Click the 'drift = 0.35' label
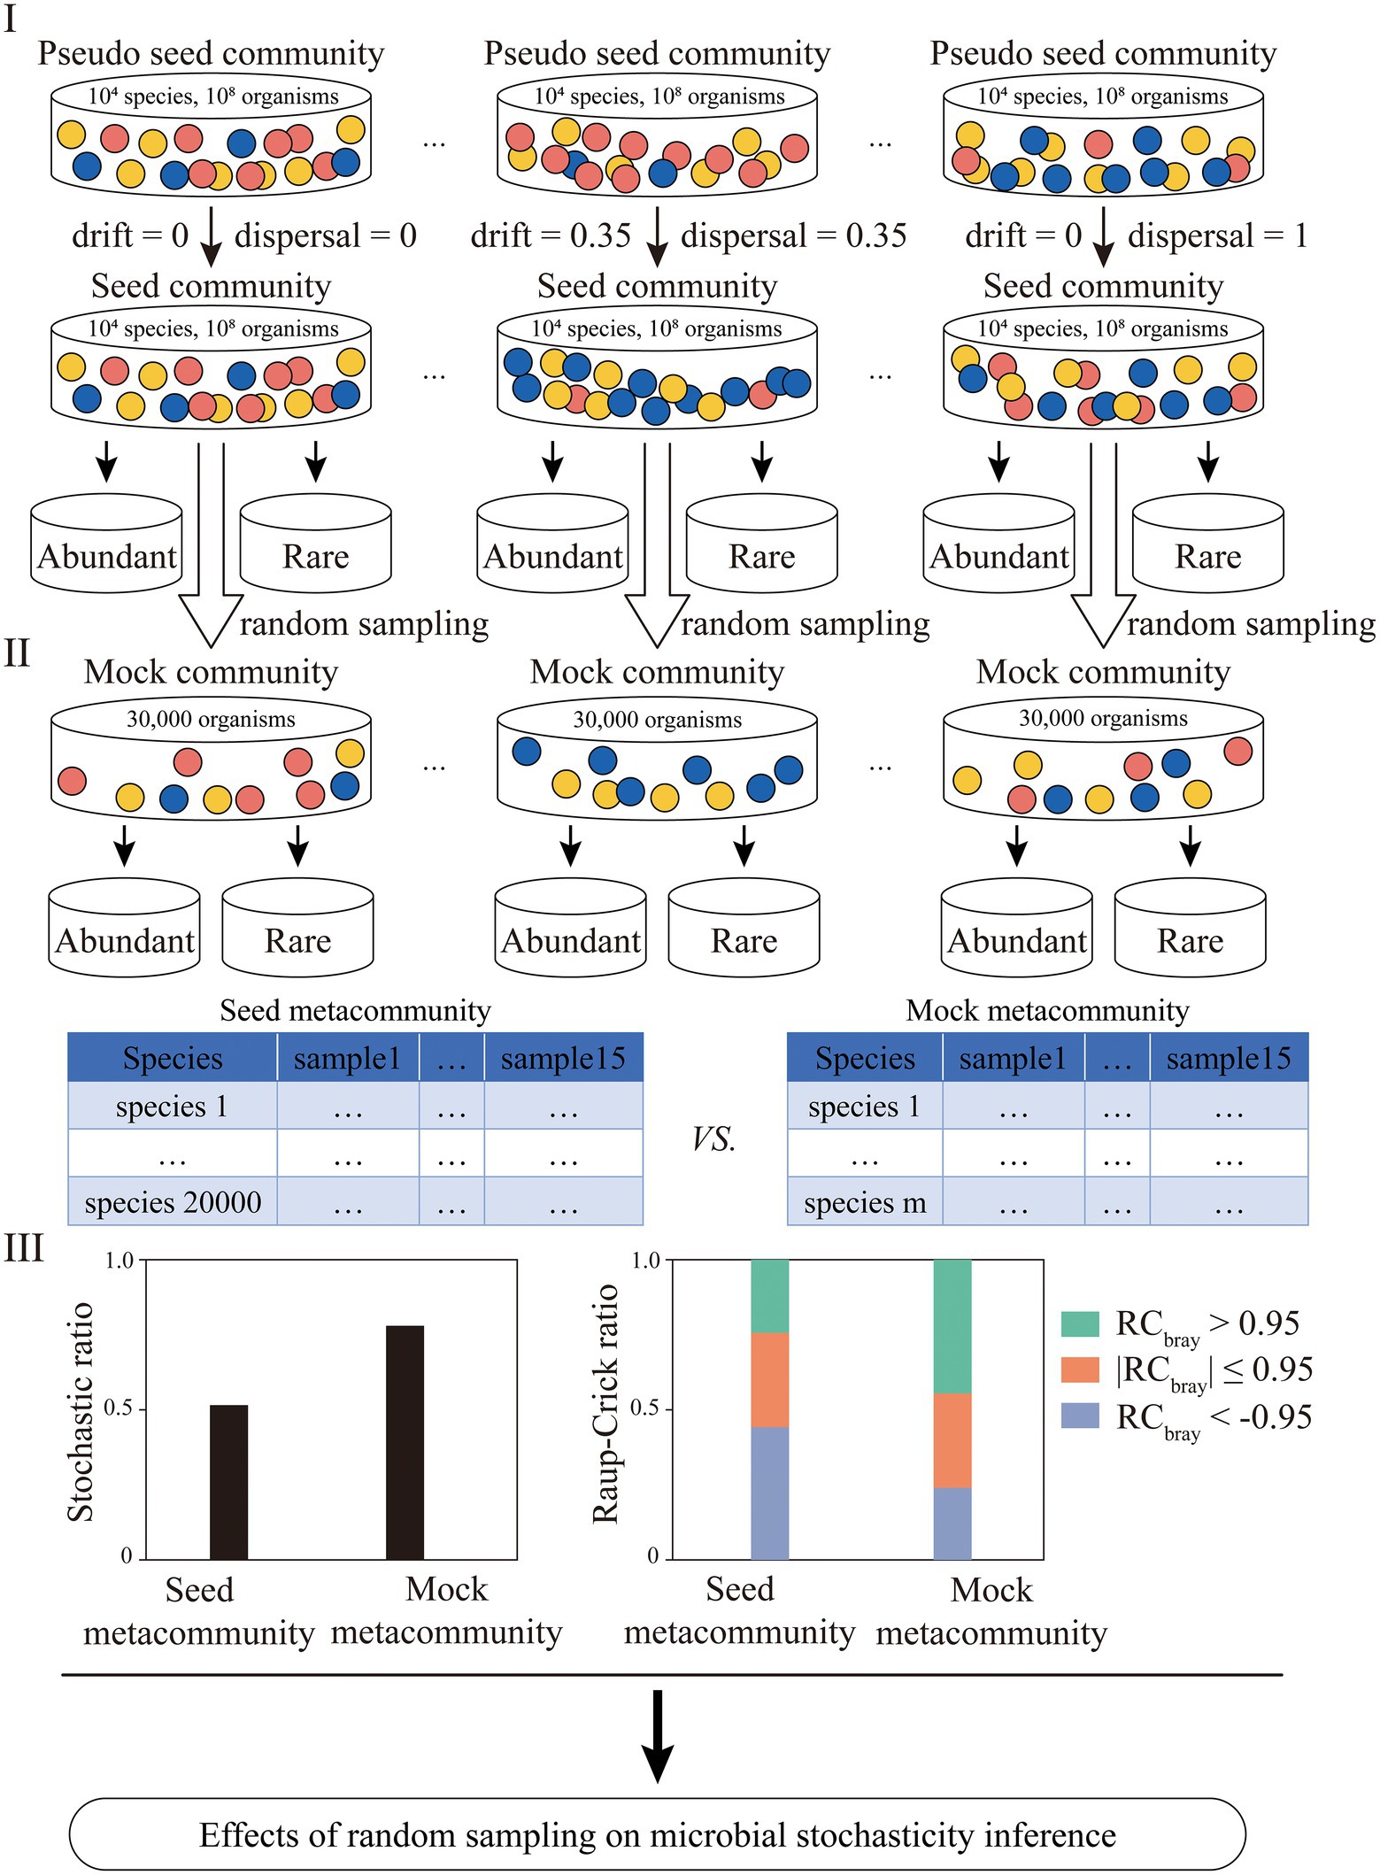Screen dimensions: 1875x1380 point(551,235)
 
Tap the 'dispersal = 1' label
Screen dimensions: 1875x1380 point(1217,235)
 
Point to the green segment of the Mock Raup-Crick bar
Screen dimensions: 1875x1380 point(952,1326)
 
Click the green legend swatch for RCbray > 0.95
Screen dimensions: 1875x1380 point(1080,1324)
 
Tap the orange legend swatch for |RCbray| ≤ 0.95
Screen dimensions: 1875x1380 point(1080,1370)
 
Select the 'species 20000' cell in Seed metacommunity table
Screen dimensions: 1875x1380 point(173,1202)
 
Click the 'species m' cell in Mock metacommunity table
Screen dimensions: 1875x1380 point(865,1202)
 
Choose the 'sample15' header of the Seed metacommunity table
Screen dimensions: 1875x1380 point(563,1059)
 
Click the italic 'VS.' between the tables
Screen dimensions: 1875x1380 point(713,1139)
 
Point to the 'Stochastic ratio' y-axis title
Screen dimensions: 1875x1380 point(81,1411)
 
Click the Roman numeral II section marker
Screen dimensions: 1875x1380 point(17,654)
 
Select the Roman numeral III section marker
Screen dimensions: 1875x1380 point(24,1249)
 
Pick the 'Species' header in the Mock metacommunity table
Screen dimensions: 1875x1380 point(865,1059)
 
